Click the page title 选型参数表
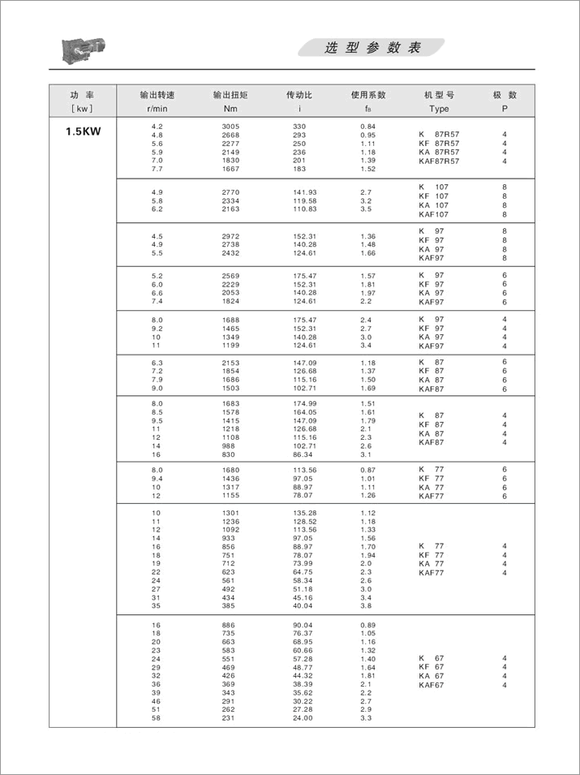coord(372,48)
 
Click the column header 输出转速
coord(157,94)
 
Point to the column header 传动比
coord(299,94)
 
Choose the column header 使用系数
coord(368,94)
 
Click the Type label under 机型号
coord(439,109)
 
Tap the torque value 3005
coord(230,127)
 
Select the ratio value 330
coord(299,127)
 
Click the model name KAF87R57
coord(439,161)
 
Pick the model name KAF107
coord(433,215)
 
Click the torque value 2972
coord(230,236)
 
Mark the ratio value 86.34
coord(304,455)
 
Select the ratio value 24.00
coord(304,718)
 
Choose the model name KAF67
coord(431,686)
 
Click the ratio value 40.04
coord(304,606)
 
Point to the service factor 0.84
coord(367,127)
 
